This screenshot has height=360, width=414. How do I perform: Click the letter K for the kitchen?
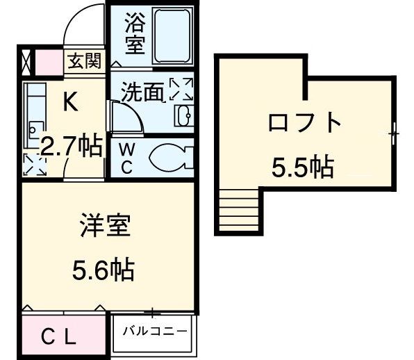[70, 102]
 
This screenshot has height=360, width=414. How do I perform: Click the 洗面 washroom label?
[143, 93]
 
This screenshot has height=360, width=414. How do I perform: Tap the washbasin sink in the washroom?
[184, 115]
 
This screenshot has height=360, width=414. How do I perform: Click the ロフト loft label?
[305, 124]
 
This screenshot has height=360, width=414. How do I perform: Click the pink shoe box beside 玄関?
[48, 61]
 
